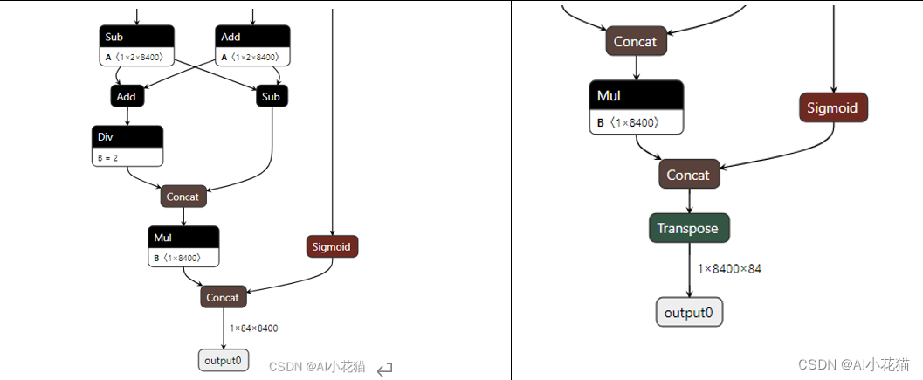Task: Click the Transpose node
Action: pos(689,228)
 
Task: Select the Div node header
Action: pos(127,137)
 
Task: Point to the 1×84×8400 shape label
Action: pos(254,328)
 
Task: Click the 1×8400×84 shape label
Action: pos(729,268)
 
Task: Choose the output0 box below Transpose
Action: pos(689,313)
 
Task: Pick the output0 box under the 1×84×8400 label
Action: pos(223,360)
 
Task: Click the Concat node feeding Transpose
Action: pos(688,175)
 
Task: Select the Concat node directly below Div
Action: pos(183,197)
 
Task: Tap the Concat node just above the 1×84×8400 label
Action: pos(223,298)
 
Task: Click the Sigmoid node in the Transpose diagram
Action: pos(833,108)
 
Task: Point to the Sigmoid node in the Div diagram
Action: pos(332,246)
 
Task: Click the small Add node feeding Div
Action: pos(127,96)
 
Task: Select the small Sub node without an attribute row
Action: pos(272,96)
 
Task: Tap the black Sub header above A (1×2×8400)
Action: pos(136,37)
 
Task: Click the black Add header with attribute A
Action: pos(252,37)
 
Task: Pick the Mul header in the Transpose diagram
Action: pos(636,96)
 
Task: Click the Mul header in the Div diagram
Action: pos(183,238)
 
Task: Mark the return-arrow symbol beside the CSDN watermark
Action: pos(385,370)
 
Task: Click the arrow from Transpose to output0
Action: pos(689,271)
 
